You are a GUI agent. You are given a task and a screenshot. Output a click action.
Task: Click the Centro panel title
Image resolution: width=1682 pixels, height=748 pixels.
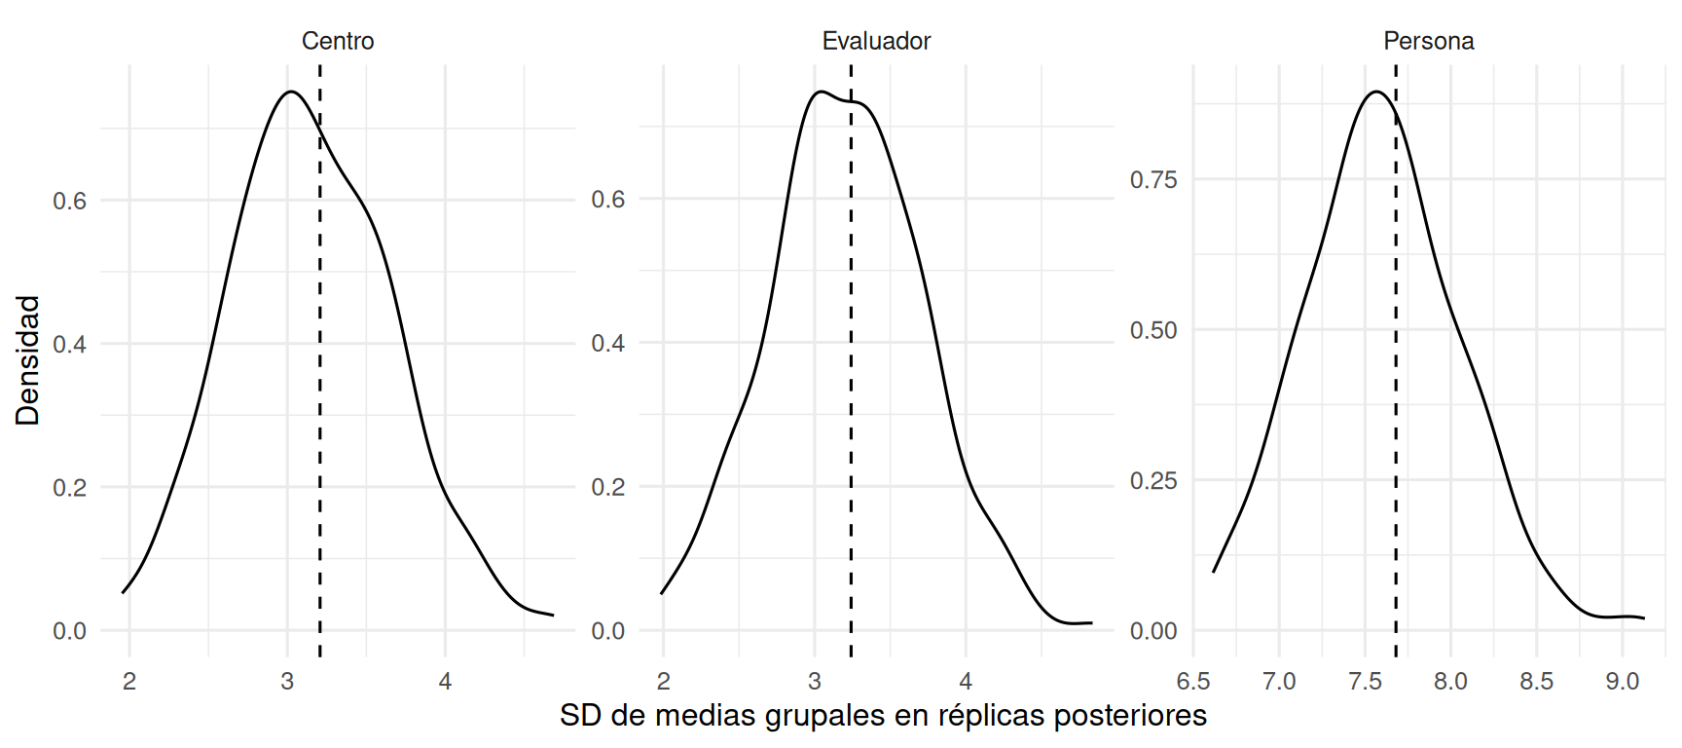click(338, 41)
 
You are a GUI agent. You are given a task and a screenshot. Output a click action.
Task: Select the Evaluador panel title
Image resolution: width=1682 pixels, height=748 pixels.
click(876, 41)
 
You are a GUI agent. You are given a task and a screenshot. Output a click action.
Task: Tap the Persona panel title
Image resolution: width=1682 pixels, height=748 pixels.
click(1429, 41)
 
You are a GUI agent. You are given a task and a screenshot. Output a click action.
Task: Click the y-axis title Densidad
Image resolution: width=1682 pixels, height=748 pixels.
click(27, 360)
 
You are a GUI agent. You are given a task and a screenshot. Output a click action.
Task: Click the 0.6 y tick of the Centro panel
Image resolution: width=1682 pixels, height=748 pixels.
click(69, 201)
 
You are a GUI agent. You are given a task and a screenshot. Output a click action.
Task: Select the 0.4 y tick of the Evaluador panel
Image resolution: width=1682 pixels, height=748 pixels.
click(607, 343)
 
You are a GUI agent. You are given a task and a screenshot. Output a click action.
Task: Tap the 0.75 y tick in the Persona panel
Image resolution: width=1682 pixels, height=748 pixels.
click(1153, 179)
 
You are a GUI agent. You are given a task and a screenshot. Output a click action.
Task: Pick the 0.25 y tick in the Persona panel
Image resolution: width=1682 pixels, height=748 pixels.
click(1153, 480)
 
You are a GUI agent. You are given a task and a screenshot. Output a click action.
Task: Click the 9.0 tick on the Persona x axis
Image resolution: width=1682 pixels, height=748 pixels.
click(1623, 682)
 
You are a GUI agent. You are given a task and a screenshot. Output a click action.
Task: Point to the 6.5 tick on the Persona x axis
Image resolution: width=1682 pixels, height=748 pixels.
click(1193, 682)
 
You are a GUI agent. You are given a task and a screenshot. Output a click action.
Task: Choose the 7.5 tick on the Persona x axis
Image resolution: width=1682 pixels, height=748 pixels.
click(1365, 682)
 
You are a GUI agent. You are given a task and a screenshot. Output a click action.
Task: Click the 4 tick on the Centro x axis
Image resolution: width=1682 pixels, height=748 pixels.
click(445, 682)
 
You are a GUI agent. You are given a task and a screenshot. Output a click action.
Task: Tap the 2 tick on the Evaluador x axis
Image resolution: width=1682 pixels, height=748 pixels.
click(664, 682)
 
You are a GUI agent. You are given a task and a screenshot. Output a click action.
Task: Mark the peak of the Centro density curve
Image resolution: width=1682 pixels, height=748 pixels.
click(290, 92)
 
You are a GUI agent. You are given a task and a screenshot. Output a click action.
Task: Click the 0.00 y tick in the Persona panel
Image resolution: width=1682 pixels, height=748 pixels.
click(1153, 631)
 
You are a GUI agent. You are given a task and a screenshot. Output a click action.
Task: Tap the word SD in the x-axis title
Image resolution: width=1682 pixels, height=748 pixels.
click(578, 716)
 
